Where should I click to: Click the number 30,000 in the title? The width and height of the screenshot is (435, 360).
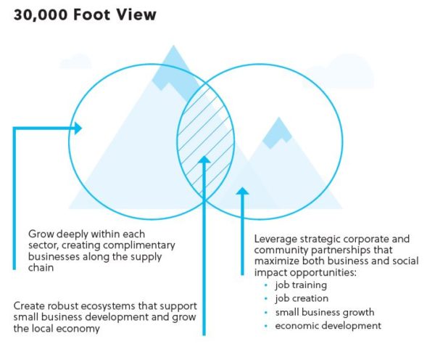pos(41,15)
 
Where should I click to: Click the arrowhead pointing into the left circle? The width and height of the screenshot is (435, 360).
pos(78,128)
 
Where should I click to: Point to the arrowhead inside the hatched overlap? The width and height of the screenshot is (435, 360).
pos(204,160)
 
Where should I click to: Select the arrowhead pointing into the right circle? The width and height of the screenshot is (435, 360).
pos(242,191)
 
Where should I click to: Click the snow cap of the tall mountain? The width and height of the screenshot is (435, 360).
pos(176,73)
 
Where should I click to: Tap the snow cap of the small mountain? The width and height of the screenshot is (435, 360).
pos(278,133)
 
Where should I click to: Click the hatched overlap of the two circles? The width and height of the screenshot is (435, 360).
pos(206,141)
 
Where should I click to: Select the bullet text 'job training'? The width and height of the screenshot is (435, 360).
pos(301,285)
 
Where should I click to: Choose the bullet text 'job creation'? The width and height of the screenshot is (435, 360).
pos(302,298)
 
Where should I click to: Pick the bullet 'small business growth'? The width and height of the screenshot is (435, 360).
pos(325,312)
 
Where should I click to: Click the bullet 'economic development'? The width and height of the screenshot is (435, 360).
pos(328,326)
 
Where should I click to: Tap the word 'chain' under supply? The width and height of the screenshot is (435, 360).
pos(41,268)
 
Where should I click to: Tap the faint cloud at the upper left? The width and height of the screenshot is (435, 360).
pos(75,62)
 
